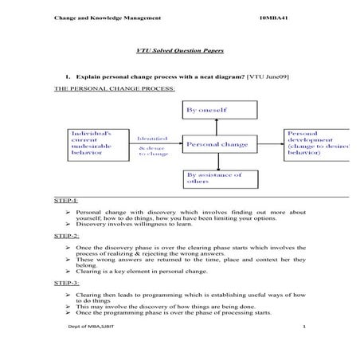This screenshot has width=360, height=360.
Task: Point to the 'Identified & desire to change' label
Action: [155, 145]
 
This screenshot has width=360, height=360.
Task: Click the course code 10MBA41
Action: [275, 17]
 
